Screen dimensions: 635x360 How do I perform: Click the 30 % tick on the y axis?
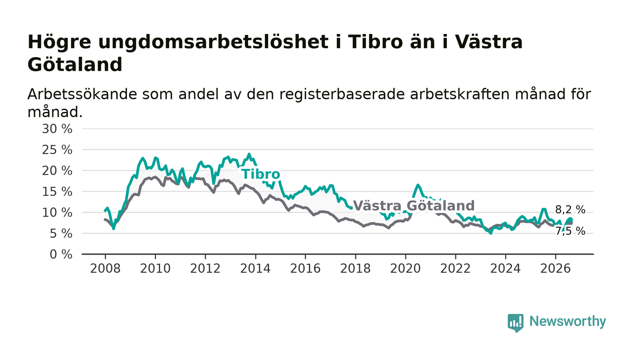click(x=57, y=129)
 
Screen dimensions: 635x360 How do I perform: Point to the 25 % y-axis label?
click(x=57, y=150)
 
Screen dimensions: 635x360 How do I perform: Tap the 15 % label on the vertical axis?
click(x=57, y=192)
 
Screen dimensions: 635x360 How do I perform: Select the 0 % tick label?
click(x=61, y=254)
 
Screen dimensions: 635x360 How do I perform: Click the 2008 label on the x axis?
click(x=105, y=269)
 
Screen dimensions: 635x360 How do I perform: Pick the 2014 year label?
click(x=255, y=269)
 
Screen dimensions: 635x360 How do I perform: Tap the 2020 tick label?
click(x=405, y=269)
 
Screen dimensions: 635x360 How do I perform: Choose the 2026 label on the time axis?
click(x=555, y=269)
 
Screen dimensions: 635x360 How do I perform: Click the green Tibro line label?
click(x=261, y=174)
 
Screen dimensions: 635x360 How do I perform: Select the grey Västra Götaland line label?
click(x=414, y=205)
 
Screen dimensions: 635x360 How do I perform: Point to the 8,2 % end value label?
click(x=570, y=210)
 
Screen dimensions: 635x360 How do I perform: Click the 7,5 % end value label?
click(x=570, y=231)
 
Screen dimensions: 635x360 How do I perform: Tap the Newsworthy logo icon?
click(x=515, y=323)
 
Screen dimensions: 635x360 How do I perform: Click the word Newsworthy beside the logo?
click(x=567, y=321)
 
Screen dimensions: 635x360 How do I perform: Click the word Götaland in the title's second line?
click(x=75, y=65)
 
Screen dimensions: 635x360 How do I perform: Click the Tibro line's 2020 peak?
click(x=418, y=185)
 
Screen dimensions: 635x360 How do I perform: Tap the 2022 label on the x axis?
click(x=455, y=269)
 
